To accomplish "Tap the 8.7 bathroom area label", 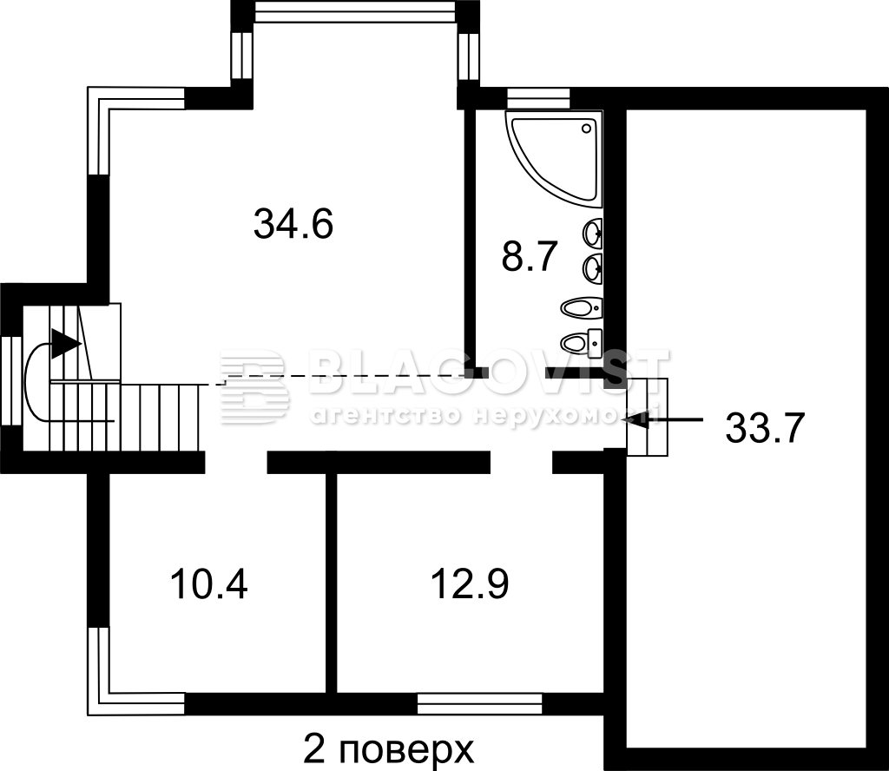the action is point(530,256).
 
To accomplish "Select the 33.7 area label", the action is point(766,428).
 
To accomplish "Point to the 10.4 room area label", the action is point(208,584).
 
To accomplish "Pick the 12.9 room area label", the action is point(470,584).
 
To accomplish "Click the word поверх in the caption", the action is point(405,749).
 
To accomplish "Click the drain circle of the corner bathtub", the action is point(588,129).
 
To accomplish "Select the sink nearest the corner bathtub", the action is point(592,234).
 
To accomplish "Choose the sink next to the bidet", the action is point(592,268).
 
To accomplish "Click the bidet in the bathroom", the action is point(581,308).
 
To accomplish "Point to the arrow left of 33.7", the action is point(662,419).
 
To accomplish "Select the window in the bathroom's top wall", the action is point(538,97).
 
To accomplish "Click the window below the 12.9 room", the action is point(479,703).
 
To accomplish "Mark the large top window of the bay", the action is point(355,11).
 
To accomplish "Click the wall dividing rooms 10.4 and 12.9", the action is point(331,583).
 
